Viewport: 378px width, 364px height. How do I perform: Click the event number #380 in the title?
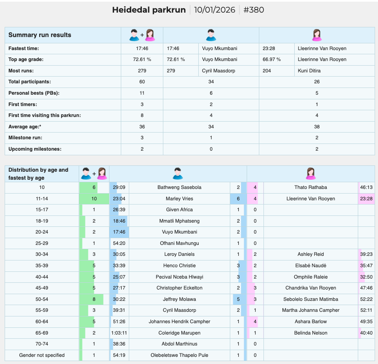tap(253, 10)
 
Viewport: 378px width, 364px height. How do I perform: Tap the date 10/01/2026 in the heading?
tap(214, 10)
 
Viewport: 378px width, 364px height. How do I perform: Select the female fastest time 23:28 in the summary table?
tap(269, 48)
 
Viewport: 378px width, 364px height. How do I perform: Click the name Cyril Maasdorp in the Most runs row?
tap(218, 71)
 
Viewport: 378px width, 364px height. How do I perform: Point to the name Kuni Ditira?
tap(309, 71)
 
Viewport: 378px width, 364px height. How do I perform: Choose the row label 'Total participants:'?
tap(29, 82)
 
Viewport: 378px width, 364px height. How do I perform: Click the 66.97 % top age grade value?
tap(272, 59)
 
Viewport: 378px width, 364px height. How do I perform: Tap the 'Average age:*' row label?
tap(25, 127)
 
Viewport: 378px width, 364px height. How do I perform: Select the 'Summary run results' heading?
tap(40, 35)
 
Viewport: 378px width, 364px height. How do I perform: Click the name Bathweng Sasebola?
tap(179, 187)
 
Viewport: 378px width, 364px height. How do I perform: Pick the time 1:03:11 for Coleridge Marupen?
tap(119, 333)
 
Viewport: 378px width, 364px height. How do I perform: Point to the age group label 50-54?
tap(42, 299)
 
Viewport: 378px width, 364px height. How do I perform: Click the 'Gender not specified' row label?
tap(42, 355)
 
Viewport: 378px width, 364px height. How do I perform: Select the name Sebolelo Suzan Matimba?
tap(311, 299)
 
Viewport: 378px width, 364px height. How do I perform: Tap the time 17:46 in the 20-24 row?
tap(119, 232)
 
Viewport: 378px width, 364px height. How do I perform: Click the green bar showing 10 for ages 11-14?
tap(94, 199)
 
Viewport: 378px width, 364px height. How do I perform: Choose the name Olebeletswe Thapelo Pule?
tap(179, 355)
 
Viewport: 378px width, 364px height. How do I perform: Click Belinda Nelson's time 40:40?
tap(366, 333)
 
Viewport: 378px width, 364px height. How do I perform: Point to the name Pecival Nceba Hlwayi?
tap(179, 277)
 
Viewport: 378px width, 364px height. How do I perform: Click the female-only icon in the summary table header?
tap(317, 35)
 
